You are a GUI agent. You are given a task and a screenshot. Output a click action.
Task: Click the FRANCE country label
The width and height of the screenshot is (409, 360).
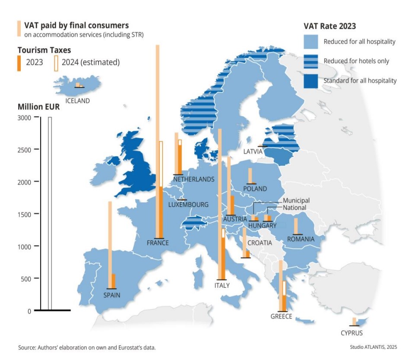158,243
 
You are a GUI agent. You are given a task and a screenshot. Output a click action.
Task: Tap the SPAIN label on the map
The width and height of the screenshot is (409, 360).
112,296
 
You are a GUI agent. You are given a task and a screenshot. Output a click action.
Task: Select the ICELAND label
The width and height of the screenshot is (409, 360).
77,101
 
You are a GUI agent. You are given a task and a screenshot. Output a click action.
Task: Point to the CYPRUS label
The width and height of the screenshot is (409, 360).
351,333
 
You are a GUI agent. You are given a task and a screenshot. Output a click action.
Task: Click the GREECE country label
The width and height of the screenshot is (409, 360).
281,317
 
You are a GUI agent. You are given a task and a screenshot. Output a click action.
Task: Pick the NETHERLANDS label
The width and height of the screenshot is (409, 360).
193,179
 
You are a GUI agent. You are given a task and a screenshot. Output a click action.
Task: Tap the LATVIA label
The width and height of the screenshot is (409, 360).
253,152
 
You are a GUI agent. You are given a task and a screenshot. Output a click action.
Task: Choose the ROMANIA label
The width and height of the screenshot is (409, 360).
301,239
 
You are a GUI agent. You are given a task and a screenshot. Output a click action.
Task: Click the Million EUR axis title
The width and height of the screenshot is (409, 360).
38,107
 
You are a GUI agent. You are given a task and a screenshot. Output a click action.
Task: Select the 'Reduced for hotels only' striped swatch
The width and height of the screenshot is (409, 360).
311,61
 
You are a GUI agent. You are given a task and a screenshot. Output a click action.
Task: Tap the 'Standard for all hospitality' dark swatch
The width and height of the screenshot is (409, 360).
311,81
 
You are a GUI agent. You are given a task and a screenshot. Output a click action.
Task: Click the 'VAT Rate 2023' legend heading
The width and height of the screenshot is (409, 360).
329,26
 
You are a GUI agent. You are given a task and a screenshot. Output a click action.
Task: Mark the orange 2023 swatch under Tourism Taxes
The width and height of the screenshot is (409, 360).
19,62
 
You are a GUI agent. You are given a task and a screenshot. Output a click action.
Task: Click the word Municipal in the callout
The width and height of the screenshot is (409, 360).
296,201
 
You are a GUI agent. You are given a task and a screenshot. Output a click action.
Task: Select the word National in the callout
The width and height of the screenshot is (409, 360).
294,208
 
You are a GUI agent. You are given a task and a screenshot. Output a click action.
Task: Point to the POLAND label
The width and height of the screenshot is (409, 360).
255,189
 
